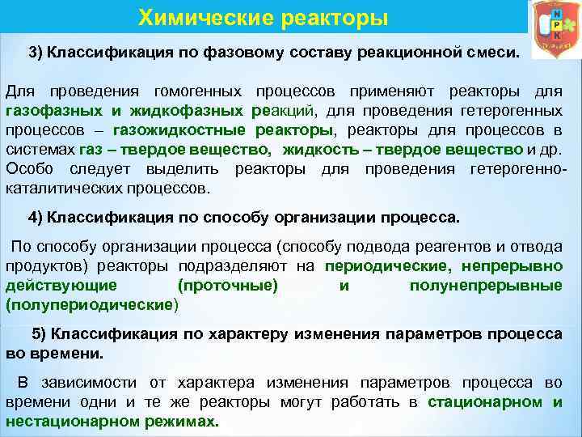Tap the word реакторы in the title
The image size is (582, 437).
327,17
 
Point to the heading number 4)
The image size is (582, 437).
36,218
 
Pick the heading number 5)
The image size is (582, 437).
40,334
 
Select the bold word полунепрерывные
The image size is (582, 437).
486,286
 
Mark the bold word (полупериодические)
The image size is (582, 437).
90,306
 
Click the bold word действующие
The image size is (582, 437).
61,286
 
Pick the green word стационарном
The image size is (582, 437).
485,402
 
